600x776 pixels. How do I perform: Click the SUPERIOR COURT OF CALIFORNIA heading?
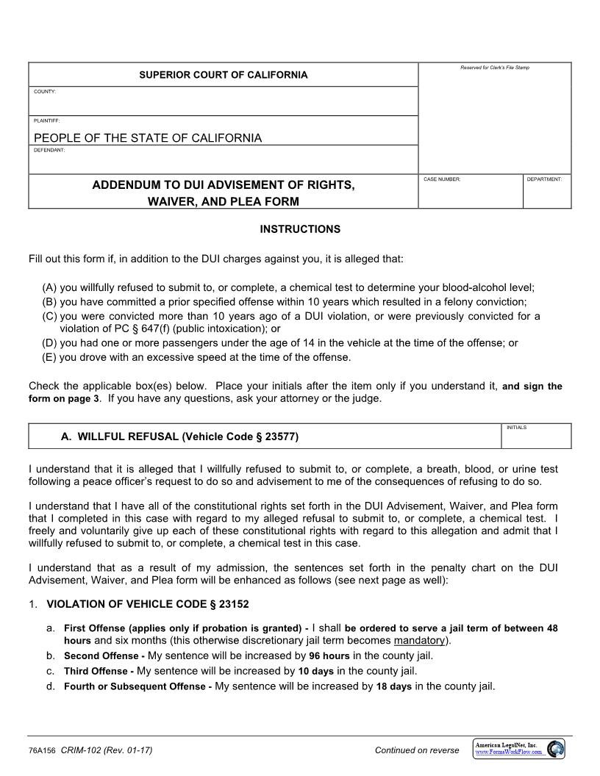click(x=224, y=75)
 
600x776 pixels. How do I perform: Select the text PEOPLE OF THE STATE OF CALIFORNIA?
click(x=148, y=137)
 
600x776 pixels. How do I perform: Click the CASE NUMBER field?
click(x=470, y=195)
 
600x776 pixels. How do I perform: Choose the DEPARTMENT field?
click(x=546, y=195)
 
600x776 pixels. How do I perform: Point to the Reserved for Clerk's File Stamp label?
click(x=494, y=68)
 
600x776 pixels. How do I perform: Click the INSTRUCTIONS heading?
click(x=300, y=229)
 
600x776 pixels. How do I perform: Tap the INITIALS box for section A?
click(x=536, y=439)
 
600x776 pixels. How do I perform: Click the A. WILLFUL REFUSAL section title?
click(x=179, y=436)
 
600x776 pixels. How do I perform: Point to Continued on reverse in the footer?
click(x=416, y=750)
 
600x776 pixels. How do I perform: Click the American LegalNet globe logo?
click(x=556, y=749)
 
